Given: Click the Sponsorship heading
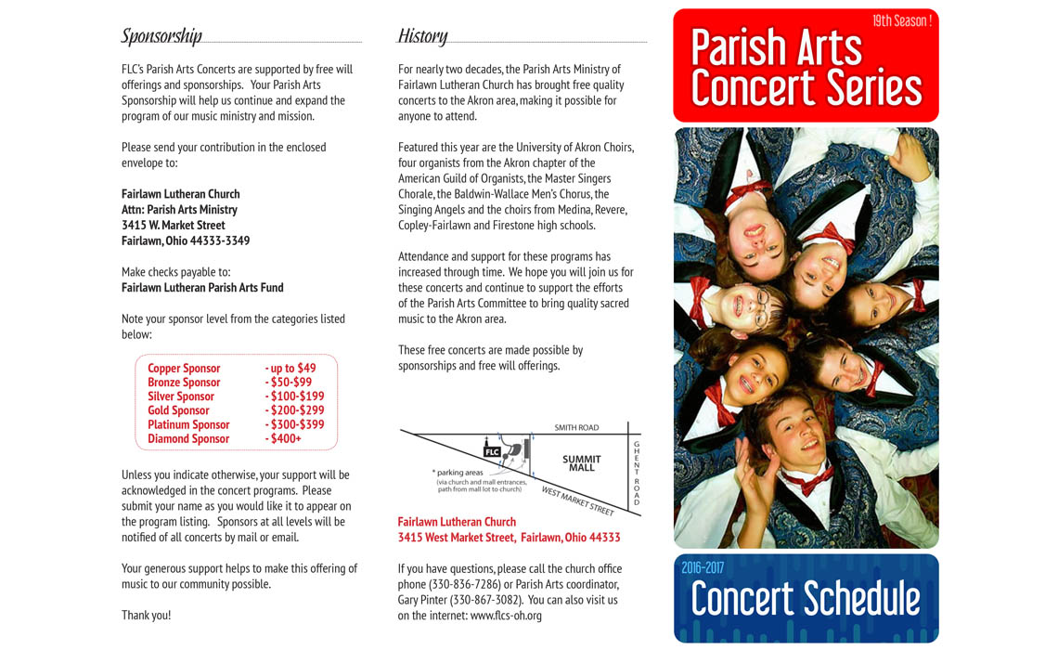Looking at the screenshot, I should [x=161, y=36].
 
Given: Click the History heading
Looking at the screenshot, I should [x=422, y=36].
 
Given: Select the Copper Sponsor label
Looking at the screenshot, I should [x=184, y=369].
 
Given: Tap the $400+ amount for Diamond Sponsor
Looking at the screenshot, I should [x=285, y=438].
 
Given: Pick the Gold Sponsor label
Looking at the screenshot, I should [x=178, y=410].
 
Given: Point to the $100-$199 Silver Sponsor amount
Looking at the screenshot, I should [x=296, y=396].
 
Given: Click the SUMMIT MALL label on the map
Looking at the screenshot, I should [x=581, y=462].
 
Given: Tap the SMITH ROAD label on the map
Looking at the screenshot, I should [x=576, y=428].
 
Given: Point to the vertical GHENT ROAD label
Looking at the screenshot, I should [x=637, y=474].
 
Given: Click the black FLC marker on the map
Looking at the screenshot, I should [x=492, y=452].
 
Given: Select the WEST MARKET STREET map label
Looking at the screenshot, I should [x=577, y=501].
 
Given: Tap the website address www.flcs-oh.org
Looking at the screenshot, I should [x=506, y=616].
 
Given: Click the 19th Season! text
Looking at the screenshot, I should [x=901, y=20].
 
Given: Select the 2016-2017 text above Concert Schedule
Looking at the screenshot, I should [x=703, y=567].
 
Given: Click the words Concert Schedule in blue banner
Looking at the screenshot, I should [x=806, y=600].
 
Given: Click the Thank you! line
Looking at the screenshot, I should [x=147, y=616].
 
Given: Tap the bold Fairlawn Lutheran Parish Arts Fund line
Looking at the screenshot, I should [x=202, y=288].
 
